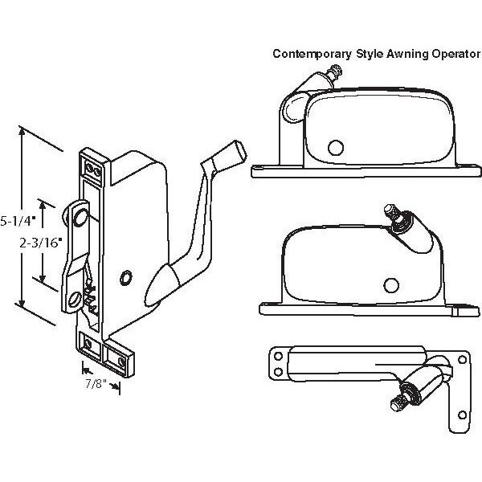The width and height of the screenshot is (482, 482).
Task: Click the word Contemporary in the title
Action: click(308, 55)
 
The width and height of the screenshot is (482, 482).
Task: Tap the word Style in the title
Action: click(360, 55)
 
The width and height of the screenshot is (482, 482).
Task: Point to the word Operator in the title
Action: click(447, 55)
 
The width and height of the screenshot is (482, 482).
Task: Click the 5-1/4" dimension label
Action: click(17, 219)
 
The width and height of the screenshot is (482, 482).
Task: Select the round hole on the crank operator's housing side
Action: click(125, 276)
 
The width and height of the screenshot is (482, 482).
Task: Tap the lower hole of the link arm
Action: click(75, 298)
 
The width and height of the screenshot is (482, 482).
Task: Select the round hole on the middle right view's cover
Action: click(391, 284)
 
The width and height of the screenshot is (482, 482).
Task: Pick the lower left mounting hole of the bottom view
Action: click(277, 372)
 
